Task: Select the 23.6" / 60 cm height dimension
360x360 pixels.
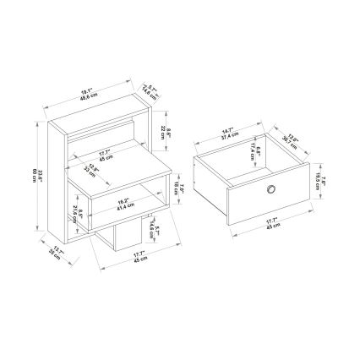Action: click(35, 173)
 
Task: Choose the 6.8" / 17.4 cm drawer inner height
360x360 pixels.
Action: click(253, 152)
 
